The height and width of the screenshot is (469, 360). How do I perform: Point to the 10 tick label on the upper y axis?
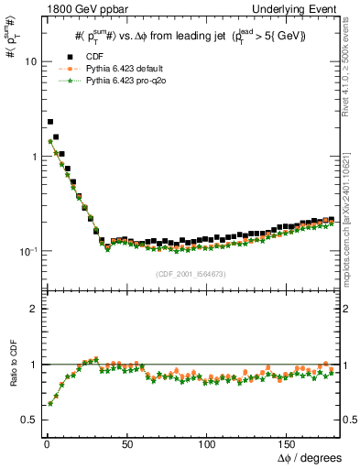[x=29, y=61]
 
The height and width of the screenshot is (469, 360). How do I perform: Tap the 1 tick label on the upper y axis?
[x=32, y=157]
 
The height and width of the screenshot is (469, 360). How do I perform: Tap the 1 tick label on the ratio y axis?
[x=32, y=365]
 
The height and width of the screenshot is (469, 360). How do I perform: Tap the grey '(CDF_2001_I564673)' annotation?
[x=190, y=274]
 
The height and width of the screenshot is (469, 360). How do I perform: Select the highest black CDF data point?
[x=50, y=121]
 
